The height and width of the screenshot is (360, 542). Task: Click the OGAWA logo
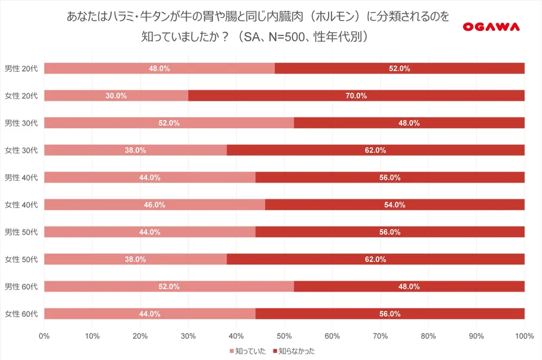[x=492, y=26]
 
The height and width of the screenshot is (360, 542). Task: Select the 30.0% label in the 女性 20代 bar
[x=116, y=95]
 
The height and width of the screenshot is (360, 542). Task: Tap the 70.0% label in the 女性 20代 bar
[x=356, y=95]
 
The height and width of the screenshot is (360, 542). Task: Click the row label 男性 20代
[x=21, y=68]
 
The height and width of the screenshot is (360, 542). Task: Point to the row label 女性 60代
[x=21, y=314]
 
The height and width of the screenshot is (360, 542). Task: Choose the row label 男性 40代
[x=21, y=177]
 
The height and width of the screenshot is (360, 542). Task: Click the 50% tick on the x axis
[x=284, y=335]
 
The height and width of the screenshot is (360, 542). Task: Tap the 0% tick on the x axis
[x=45, y=335]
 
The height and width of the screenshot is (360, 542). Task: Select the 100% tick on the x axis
[x=523, y=335]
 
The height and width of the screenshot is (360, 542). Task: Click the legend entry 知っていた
[x=248, y=350]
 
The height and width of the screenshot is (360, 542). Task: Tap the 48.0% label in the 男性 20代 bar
[x=159, y=68]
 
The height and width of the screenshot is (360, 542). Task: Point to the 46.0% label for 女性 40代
[x=155, y=205]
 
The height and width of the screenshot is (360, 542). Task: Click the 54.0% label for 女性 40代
[x=394, y=205]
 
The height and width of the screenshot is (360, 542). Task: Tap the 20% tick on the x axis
[x=140, y=335]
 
